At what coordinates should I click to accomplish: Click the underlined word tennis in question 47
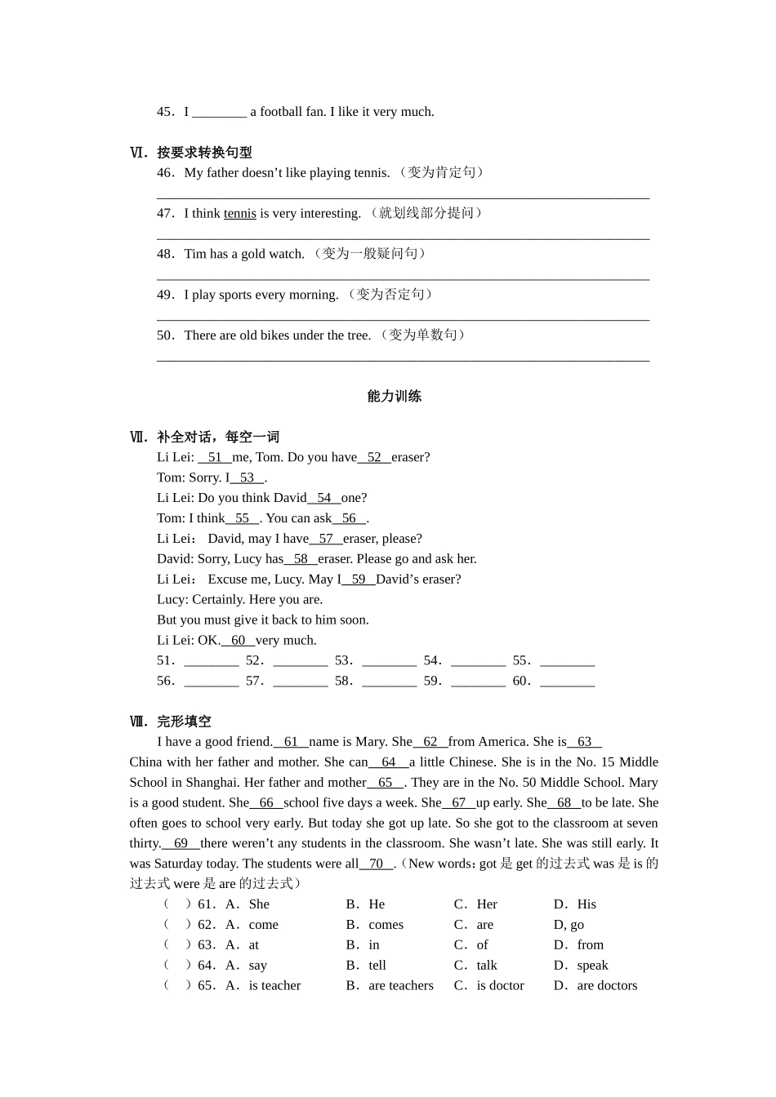[239, 214]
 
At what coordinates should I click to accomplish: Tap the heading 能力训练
[394, 397]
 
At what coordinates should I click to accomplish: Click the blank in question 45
[219, 113]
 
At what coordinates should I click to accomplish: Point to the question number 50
[165, 335]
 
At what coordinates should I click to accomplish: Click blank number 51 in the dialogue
[215, 458]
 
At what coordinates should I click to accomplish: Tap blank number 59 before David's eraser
[359, 580]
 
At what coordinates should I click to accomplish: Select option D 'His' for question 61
[586, 904]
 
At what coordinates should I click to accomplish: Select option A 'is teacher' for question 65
[274, 986]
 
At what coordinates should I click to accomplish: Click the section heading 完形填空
[184, 722]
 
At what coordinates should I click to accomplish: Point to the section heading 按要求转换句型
[204, 153]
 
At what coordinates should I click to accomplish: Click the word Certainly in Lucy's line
[220, 600]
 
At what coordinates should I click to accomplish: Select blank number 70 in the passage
[376, 864]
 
